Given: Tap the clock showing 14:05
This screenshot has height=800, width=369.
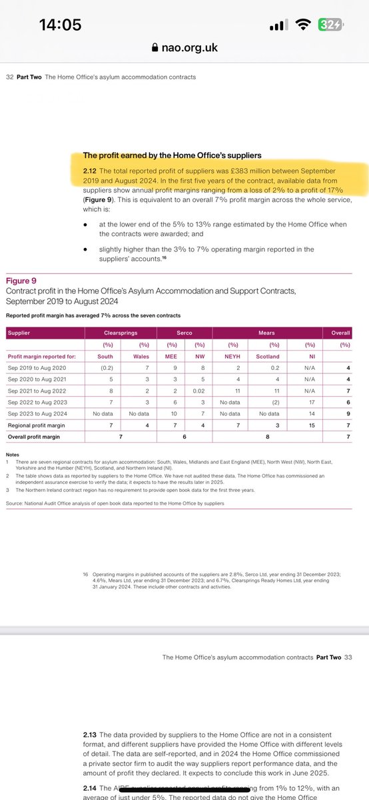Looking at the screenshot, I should [60, 25].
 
